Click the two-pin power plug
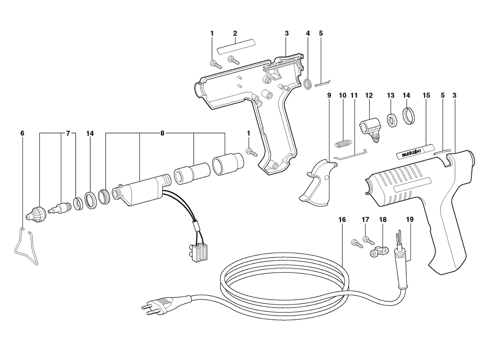[157, 304]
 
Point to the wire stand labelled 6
[26, 246]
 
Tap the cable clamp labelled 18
[379, 252]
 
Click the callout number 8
[162, 133]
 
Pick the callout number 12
[369, 96]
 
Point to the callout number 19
[410, 219]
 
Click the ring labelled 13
[392, 120]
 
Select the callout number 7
[68, 133]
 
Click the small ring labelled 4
[307, 84]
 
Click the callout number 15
[426, 96]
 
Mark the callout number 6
[22, 133]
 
